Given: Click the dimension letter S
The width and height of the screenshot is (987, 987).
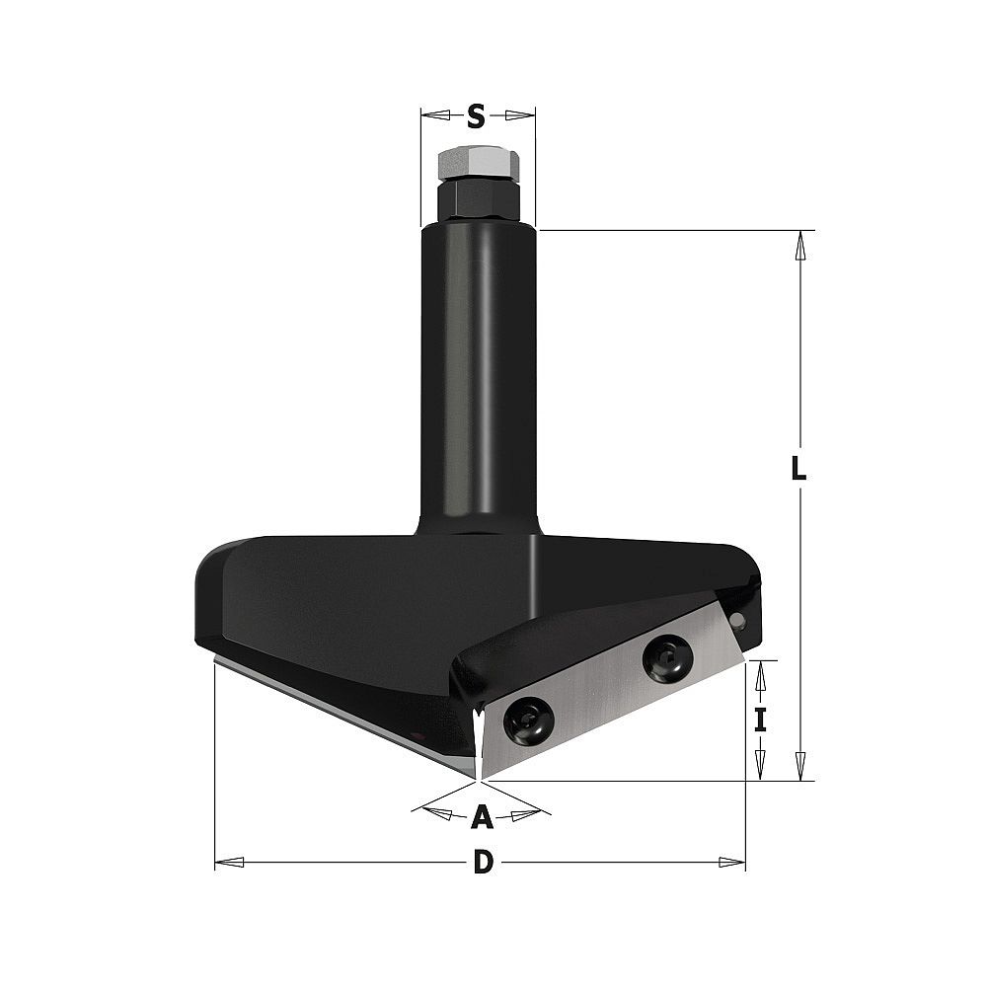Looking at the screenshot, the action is [x=477, y=116].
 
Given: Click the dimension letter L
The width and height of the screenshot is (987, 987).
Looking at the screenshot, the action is [x=798, y=467].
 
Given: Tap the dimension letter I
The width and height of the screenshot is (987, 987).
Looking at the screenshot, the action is [x=760, y=721].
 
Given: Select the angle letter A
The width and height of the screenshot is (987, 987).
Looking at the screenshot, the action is [x=483, y=816].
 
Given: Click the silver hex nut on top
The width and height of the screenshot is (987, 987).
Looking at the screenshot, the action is [x=479, y=164].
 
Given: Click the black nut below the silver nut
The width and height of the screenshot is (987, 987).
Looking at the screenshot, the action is [x=479, y=200].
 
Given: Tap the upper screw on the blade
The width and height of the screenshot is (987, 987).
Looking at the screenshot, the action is [x=668, y=658].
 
